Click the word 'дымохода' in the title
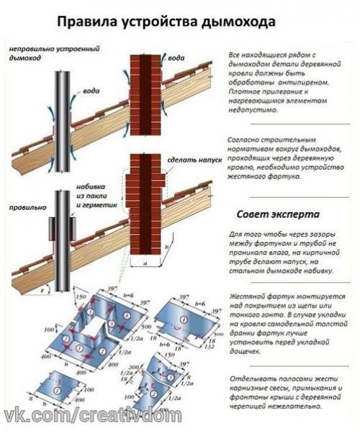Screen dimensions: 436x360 pyautogui.click(x=238, y=22)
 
